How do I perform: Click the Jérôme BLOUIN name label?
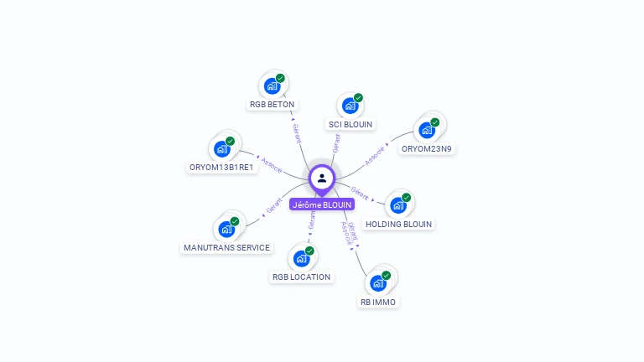[322, 204]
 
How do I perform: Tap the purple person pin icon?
[322, 178]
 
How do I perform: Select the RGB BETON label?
[273, 105]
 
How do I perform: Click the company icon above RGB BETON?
[273, 85]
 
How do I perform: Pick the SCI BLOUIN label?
[351, 124]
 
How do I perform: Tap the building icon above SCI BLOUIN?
[351, 106]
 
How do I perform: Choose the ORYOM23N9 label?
[427, 149]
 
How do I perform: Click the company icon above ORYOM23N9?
[428, 130]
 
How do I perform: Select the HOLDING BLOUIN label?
[399, 224]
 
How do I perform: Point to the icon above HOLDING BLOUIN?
[399, 204]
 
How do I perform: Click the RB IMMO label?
[378, 302]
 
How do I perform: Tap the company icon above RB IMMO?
[378, 282]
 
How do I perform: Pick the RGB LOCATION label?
[302, 277]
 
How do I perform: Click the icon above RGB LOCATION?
[302, 258]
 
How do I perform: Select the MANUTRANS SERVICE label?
[227, 247]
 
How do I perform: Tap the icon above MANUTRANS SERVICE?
[227, 228]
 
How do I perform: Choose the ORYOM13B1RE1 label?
[221, 167]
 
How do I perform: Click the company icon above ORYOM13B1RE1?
[222, 148]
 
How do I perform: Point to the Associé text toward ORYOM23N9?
[375, 154]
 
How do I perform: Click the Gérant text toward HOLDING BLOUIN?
[360, 193]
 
